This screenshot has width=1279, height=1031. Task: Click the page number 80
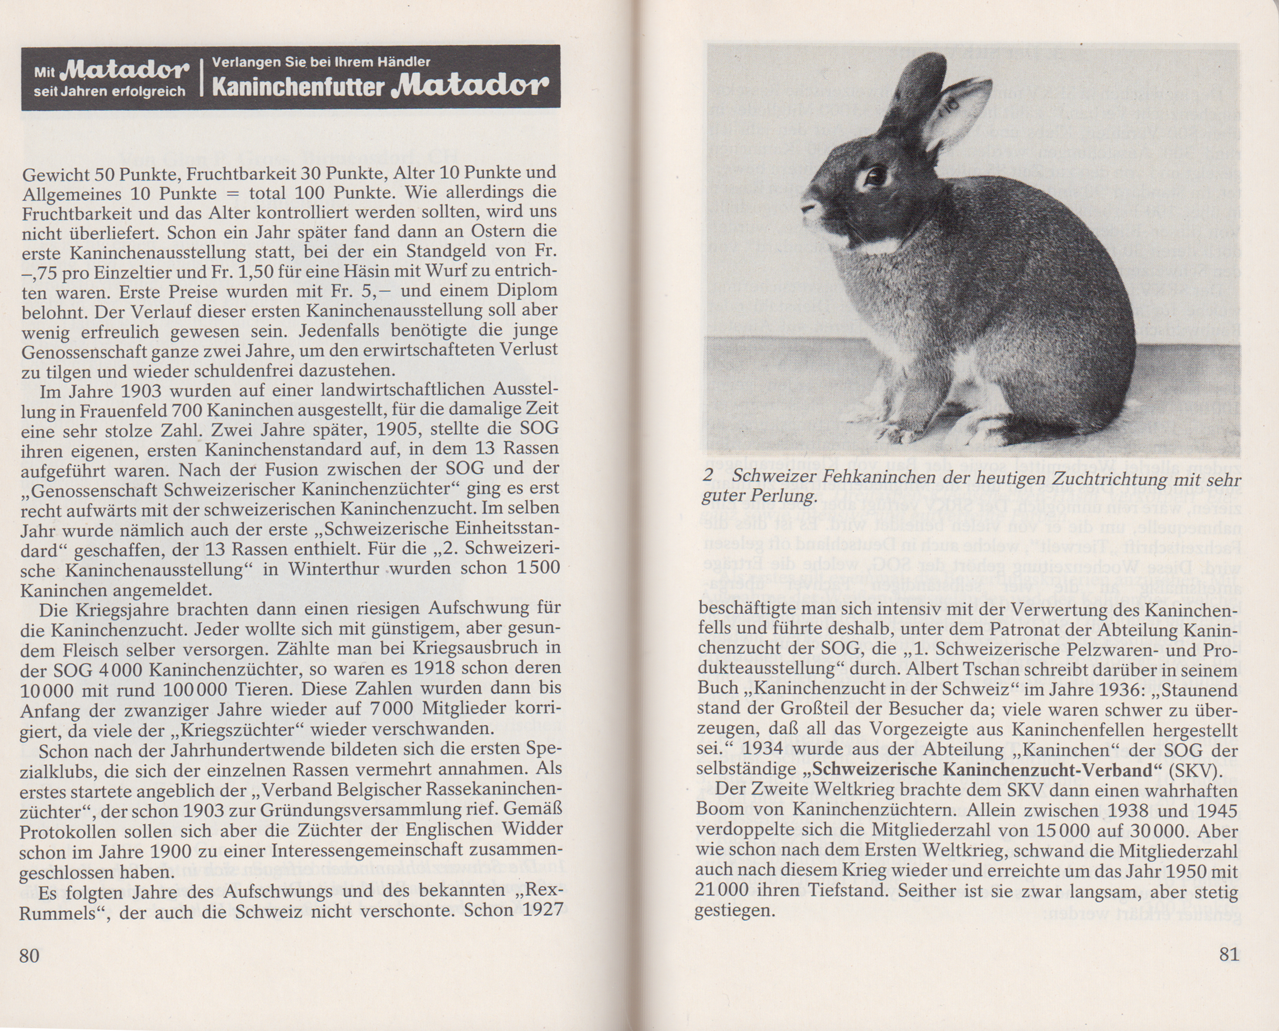(29, 956)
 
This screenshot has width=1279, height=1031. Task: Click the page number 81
(1229, 954)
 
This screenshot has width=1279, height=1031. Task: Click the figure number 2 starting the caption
(707, 476)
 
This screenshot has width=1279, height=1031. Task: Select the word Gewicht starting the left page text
(55, 173)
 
